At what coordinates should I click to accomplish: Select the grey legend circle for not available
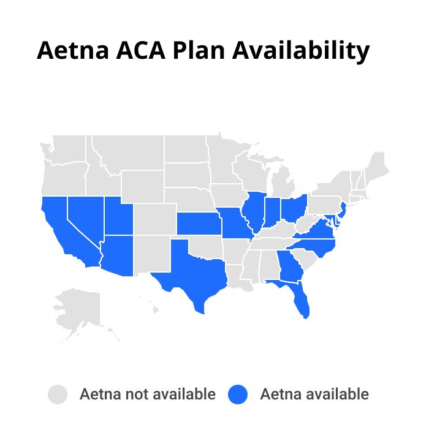pyautogui.click(x=58, y=394)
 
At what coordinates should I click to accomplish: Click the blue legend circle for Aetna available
pyautogui.click(x=238, y=394)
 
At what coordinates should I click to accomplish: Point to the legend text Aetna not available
pyautogui.click(x=147, y=394)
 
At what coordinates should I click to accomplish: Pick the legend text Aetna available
pyautogui.click(x=314, y=394)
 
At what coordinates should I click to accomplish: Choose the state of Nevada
pyautogui.click(x=85, y=217)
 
